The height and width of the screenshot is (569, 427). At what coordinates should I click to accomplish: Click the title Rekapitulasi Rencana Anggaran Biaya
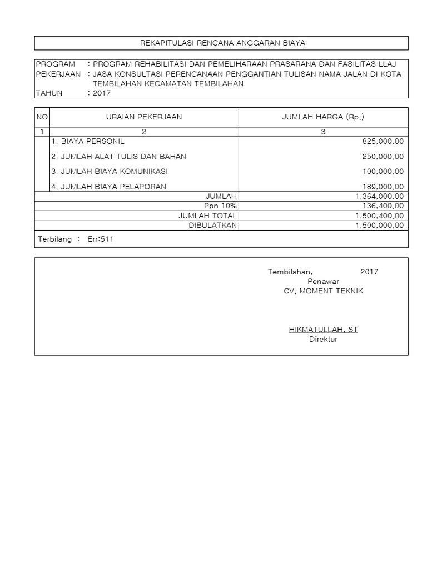pos(222,43)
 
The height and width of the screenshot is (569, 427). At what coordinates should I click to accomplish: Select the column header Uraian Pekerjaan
pos(143,117)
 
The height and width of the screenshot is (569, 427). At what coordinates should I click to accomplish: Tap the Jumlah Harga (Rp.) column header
pos(323,117)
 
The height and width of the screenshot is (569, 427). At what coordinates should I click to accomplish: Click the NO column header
pos(42,117)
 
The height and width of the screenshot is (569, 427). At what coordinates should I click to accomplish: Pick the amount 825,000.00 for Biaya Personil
pos(383,142)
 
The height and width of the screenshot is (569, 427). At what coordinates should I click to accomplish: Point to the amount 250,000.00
pos(383,157)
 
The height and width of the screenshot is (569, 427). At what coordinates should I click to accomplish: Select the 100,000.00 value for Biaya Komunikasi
pos(383,172)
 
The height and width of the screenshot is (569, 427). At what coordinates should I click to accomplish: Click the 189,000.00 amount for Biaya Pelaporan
pos(383,187)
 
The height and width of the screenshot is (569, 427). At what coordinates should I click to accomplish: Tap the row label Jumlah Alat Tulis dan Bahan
pos(118,157)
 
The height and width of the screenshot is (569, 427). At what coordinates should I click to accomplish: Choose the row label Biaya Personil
pos(88,142)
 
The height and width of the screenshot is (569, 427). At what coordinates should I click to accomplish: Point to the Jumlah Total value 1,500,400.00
pos(379,216)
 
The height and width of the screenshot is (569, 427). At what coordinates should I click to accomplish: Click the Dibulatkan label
pos(213,225)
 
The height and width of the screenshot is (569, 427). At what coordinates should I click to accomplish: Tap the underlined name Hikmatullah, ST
pos(323,330)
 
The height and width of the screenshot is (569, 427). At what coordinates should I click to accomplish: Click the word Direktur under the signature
pos(323,340)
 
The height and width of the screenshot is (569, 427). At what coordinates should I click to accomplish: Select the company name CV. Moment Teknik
pos(323,291)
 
